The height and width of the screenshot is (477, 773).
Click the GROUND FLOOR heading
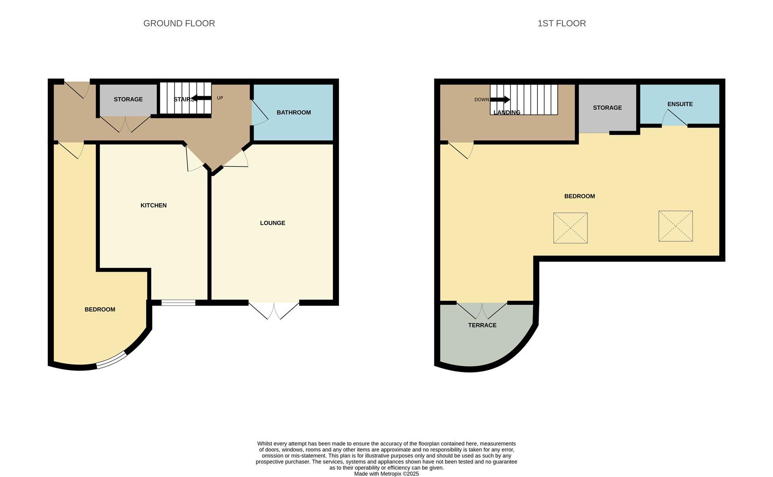(x=179, y=23)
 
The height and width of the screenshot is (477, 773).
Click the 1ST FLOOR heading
(x=561, y=23)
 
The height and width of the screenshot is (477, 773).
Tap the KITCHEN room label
(x=153, y=205)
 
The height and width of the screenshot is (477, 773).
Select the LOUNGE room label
(x=272, y=223)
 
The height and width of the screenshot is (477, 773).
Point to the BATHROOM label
(x=293, y=113)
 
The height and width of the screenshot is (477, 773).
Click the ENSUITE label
(x=680, y=104)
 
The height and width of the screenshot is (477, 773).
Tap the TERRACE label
(x=482, y=325)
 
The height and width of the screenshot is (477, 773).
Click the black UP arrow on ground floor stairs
(x=202, y=98)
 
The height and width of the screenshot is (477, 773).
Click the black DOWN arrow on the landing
(x=500, y=100)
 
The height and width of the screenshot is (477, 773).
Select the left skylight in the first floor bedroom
(x=570, y=228)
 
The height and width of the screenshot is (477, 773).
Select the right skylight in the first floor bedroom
(x=675, y=226)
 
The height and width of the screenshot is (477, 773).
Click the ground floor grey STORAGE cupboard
(x=128, y=99)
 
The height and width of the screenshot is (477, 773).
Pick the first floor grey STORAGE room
(x=607, y=108)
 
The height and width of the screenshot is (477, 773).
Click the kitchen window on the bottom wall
(x=178, y=303)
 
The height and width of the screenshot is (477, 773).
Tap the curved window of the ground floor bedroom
(x=111, y=360)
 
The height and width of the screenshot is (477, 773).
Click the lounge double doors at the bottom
(x=274, y=309)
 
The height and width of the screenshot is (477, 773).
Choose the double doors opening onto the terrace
(x=482, y=310)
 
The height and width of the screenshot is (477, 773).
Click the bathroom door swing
(x=259, y=113)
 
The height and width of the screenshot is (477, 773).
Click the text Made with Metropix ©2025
(x=386, y=474)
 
